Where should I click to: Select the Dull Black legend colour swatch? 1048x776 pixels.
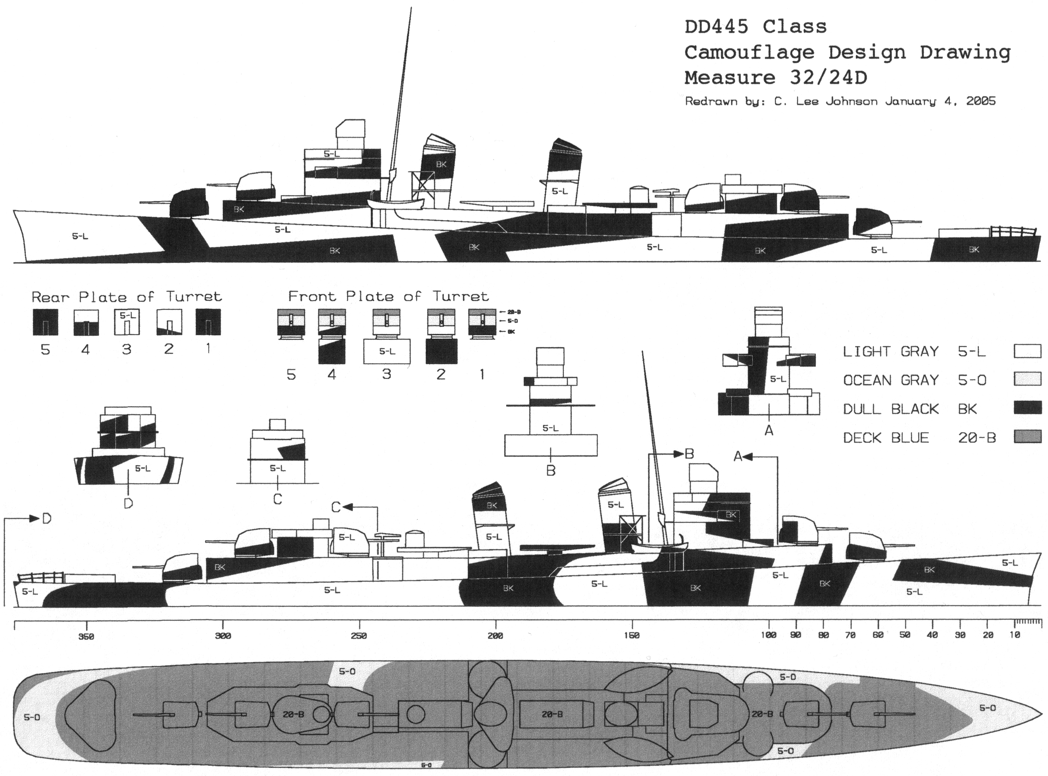(1027, 408)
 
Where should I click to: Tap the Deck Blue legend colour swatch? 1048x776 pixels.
(1027, 437)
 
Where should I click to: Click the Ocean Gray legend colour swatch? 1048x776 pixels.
(1027, 379)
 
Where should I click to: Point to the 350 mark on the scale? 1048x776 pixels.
(86, 636)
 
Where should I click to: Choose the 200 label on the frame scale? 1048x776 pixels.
(495, 636)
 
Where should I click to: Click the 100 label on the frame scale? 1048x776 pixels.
(769, 636)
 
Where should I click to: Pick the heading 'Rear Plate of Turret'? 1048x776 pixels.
(126, 297)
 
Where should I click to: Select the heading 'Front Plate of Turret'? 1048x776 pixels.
(388, 297)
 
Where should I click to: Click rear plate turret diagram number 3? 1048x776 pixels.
(127, 322)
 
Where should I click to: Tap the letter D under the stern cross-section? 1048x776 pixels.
(128, 503)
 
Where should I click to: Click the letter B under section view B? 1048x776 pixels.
(551, 470)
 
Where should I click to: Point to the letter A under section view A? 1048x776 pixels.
(769, 430)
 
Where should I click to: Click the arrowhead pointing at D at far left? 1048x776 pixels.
(34, 519)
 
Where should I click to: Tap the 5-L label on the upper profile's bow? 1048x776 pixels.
(80, 236)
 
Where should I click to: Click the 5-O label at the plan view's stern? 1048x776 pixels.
(32, 717)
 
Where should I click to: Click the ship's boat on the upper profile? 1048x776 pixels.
(395, 204)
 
